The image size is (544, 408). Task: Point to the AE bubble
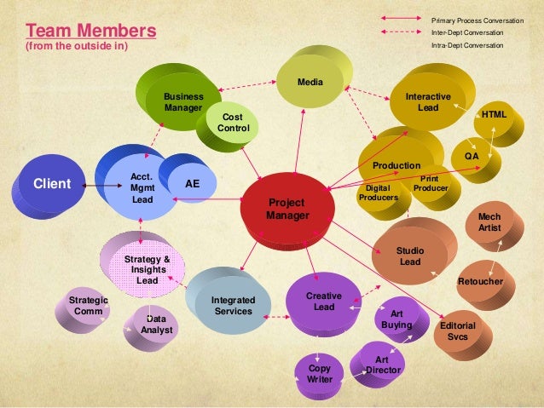(193, 182)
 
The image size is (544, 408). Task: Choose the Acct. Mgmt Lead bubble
(141, 188)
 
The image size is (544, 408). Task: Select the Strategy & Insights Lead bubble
(147, 268)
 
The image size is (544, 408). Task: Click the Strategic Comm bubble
(89, 306)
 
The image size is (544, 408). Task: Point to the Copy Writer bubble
(320, 372)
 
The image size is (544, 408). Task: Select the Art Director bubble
(382, 365)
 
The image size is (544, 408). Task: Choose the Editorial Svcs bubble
(457, 332)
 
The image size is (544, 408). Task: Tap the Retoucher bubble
(480, 281)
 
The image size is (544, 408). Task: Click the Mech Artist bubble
(489, 223)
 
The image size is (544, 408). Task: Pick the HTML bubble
(494, 114)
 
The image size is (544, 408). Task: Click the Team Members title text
(81, 32)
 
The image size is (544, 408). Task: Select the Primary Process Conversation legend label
(477, 19)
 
